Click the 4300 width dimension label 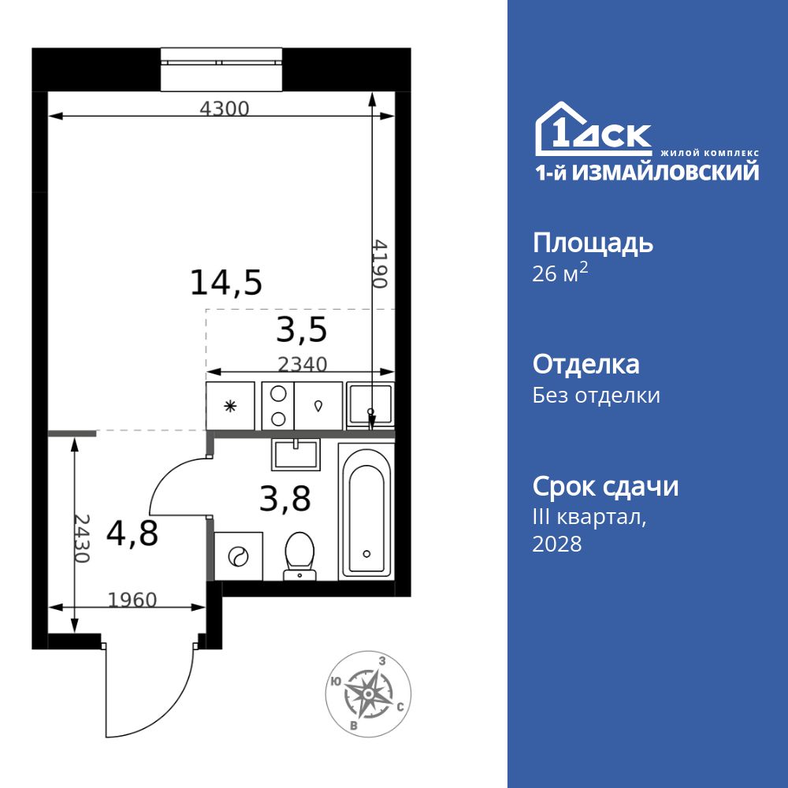224,110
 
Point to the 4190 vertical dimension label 381,263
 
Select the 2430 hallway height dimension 82,538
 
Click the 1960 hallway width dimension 132,600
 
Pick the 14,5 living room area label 225,282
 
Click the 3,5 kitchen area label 301,330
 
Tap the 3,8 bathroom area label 284,498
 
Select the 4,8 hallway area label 132,533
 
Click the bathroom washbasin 295,455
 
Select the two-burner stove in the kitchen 277,406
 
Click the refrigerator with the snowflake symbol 230,406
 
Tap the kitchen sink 370,406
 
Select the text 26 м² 560,273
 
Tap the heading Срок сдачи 605,486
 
